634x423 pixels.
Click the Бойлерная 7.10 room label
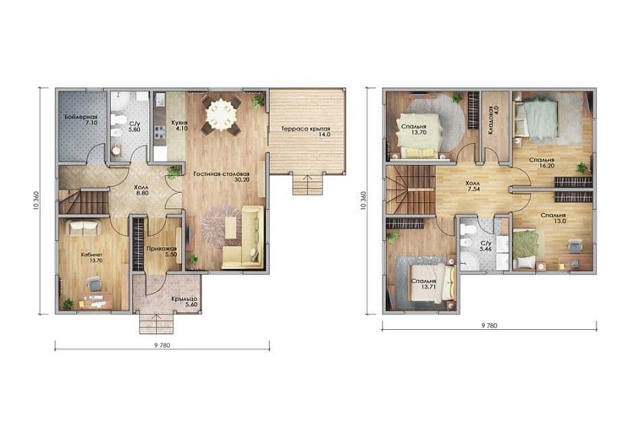[81, 119]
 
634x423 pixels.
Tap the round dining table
[221, 115]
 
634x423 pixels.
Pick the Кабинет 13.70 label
[91, 258]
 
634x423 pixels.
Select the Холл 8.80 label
[141, 190]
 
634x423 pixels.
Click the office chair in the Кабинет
[95, 283]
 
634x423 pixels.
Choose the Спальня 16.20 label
[542, 163]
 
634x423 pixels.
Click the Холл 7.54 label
[473, 186]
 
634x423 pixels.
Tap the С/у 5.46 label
[486, 245]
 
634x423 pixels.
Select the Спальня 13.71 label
[423, 284]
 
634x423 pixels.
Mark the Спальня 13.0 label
[553, 218]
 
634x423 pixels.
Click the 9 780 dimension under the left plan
[162, 345]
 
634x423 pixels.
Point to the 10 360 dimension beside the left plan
[37, 200]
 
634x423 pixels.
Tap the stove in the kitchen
[160, 132]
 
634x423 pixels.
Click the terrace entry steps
[307, 184]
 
